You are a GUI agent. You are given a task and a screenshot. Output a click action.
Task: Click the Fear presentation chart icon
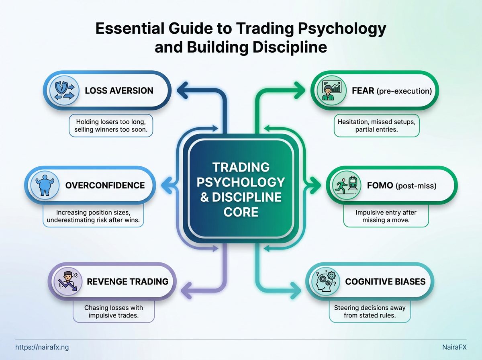click(x=331, y=91)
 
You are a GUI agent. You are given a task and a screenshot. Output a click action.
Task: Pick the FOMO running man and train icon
click(x=346, y=186)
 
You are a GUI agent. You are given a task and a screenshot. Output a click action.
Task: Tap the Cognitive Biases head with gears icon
click(x=326, y=281)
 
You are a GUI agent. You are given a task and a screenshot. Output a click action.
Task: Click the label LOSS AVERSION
click(x=119, y=91)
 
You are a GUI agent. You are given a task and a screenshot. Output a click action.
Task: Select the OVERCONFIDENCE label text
click(x=105, y=186)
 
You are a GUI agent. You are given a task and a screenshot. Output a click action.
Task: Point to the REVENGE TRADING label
click(x=128, y=281)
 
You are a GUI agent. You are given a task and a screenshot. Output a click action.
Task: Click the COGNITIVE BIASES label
click(x=385, y=281)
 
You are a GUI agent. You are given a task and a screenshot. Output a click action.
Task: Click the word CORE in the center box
click(x=241, y=212)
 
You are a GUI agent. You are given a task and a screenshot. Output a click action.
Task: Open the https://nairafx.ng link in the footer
click(x=39, y=347)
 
